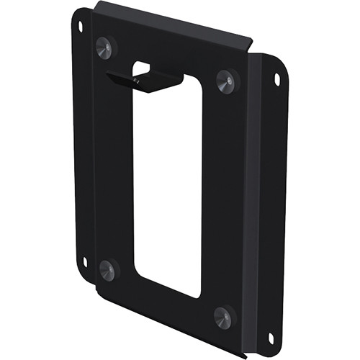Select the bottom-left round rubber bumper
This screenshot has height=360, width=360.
point(107,270)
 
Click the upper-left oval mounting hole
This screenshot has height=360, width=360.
point(80,26)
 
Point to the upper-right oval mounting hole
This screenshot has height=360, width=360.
point(276,80)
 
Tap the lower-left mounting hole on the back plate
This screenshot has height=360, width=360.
point(84,261)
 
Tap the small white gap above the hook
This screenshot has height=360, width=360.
point(142,67)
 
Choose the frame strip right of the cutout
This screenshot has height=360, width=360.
point(223,194)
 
